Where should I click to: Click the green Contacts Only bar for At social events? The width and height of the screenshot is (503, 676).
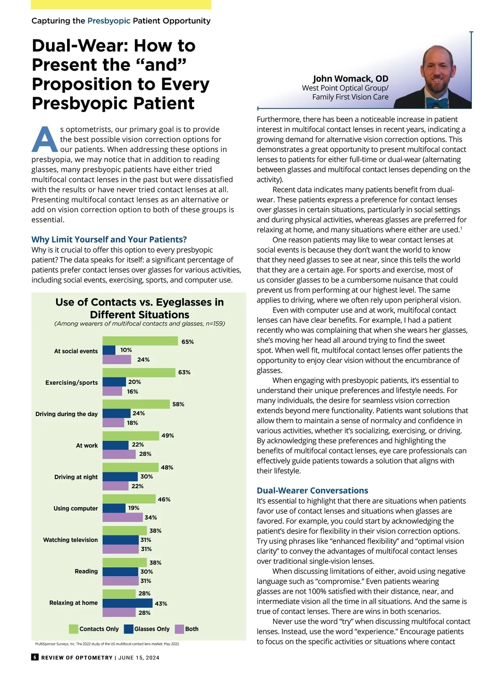[x=140, y=341]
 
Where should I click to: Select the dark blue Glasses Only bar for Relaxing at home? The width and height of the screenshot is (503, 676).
[x=127, y=603]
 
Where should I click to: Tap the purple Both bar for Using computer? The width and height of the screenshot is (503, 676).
[x=122, y=518]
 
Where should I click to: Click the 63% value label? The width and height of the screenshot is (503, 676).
[x=184, y=372]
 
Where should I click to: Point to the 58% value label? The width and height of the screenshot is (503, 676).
[x=178, y=404]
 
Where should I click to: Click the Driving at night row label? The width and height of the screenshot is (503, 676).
[x=76, y=477]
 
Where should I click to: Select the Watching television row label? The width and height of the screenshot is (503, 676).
[x=70, y=540]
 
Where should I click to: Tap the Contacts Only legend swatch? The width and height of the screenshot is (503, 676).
[x=73, y=629]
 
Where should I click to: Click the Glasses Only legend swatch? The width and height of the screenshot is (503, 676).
[x=129, y=629]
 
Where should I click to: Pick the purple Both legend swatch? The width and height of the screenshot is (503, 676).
[x=179, y=629]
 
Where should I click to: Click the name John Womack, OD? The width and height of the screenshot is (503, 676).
[x=350, y=79]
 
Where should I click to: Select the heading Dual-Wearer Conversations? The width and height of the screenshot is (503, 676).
[x=312, y=490]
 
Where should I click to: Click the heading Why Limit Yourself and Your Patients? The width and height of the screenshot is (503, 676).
[x=109, y=239]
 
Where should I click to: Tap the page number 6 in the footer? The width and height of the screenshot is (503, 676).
[x=35, y=657]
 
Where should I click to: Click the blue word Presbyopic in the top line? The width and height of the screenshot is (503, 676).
[x=109, y=21]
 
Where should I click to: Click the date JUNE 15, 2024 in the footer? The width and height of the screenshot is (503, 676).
[x=139, y=658]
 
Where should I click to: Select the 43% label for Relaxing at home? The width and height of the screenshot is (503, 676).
[x=161, y=603]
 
